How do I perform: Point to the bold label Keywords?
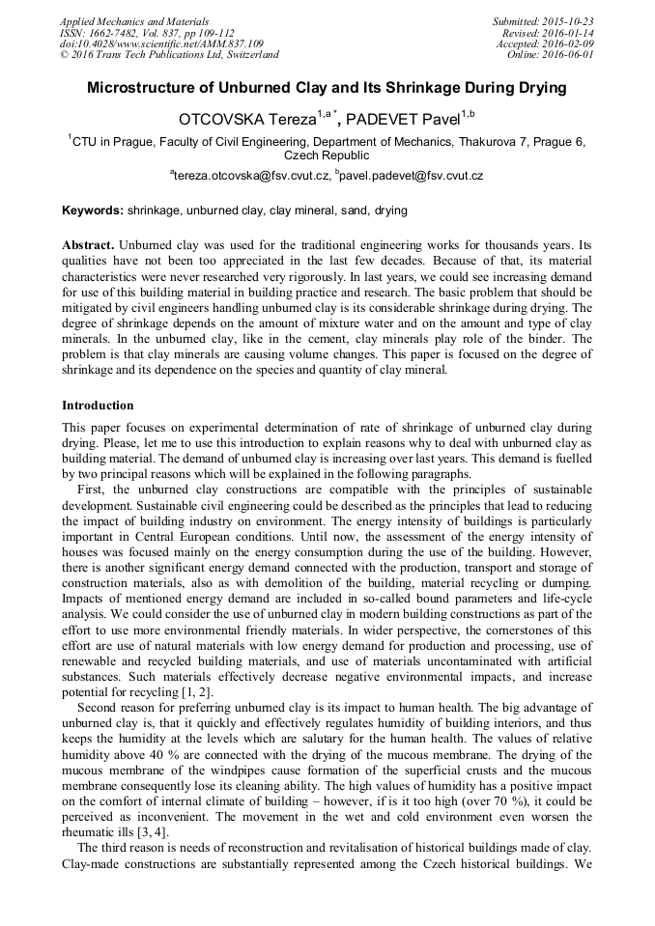pyautogui.click(x=93, y=210)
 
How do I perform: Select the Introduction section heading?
pyautogui.click(x=98, y=406)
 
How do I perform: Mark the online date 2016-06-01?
pyautogui.click(x=568, y=55)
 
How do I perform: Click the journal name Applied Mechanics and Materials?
pyautogui.click(x=134, y=21)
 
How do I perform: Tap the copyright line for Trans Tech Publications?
pyautogui.click(x=169, y=55)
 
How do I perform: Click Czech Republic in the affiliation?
pyautogui.click(x=327, y=154)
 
